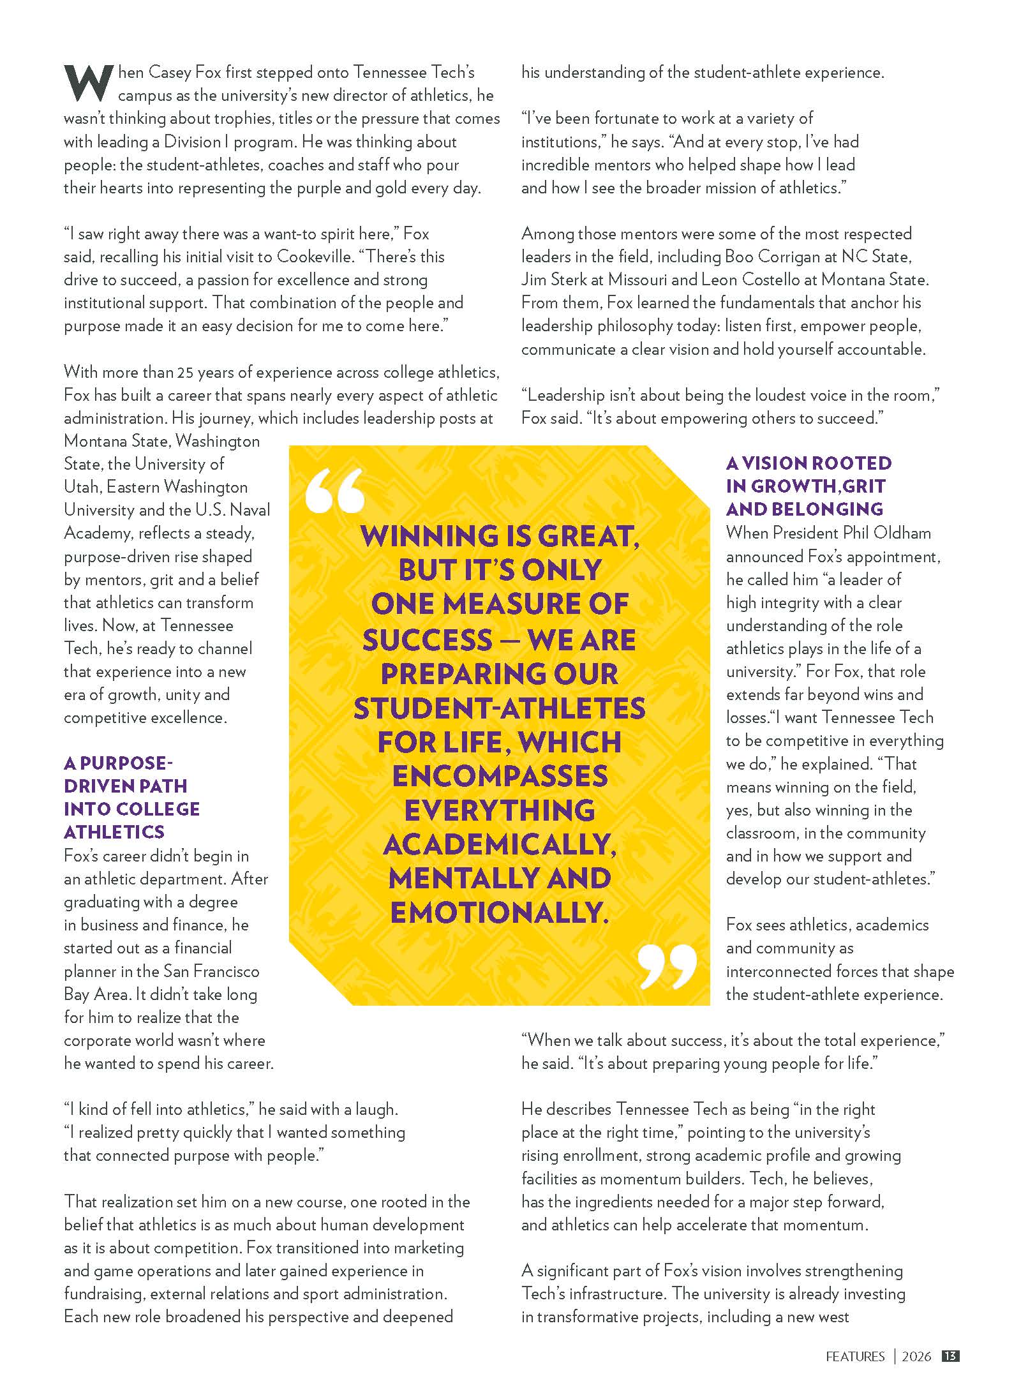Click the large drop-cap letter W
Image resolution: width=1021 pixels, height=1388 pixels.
point(88,83)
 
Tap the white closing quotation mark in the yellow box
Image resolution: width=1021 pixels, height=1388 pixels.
point(667,966)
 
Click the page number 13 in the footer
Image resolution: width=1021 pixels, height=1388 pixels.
point(951,1356)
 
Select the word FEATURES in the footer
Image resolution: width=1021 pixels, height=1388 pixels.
point(855,1357)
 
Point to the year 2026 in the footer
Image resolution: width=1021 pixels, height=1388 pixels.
point(916,1357)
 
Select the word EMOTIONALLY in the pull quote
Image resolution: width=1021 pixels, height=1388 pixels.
point(497,913)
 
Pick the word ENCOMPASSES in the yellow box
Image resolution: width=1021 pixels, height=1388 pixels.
point(500,776)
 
